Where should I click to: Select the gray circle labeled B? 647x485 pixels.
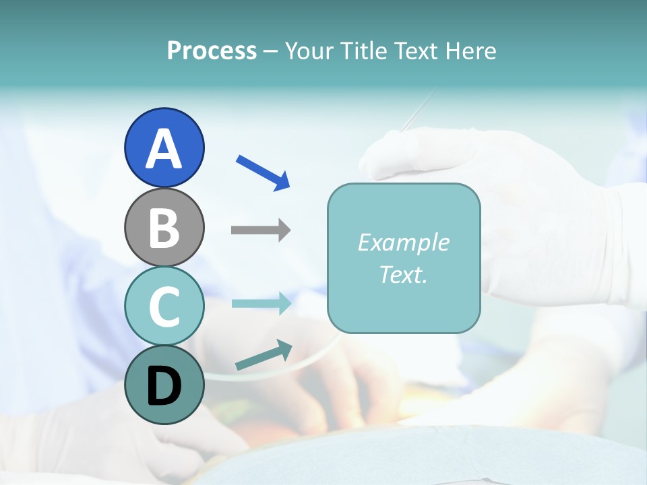coord(164,227)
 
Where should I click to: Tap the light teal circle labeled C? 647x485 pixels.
coord(164,306)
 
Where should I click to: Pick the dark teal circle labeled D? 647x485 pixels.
coord(164,385)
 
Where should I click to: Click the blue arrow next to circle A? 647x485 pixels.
coord(264,172)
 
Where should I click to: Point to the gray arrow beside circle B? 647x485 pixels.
coord(261,230)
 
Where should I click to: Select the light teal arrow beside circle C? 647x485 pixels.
coord(261,303)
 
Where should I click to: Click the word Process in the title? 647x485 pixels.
coord(212,51)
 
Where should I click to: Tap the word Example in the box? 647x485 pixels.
coord(404,243)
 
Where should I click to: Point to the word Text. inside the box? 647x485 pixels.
coord(404,274)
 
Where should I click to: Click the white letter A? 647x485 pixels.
coord(164,148)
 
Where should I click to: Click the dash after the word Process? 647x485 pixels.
coord(270,52)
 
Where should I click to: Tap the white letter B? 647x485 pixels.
coord(164,228)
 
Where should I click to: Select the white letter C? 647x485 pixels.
coord(164,306)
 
